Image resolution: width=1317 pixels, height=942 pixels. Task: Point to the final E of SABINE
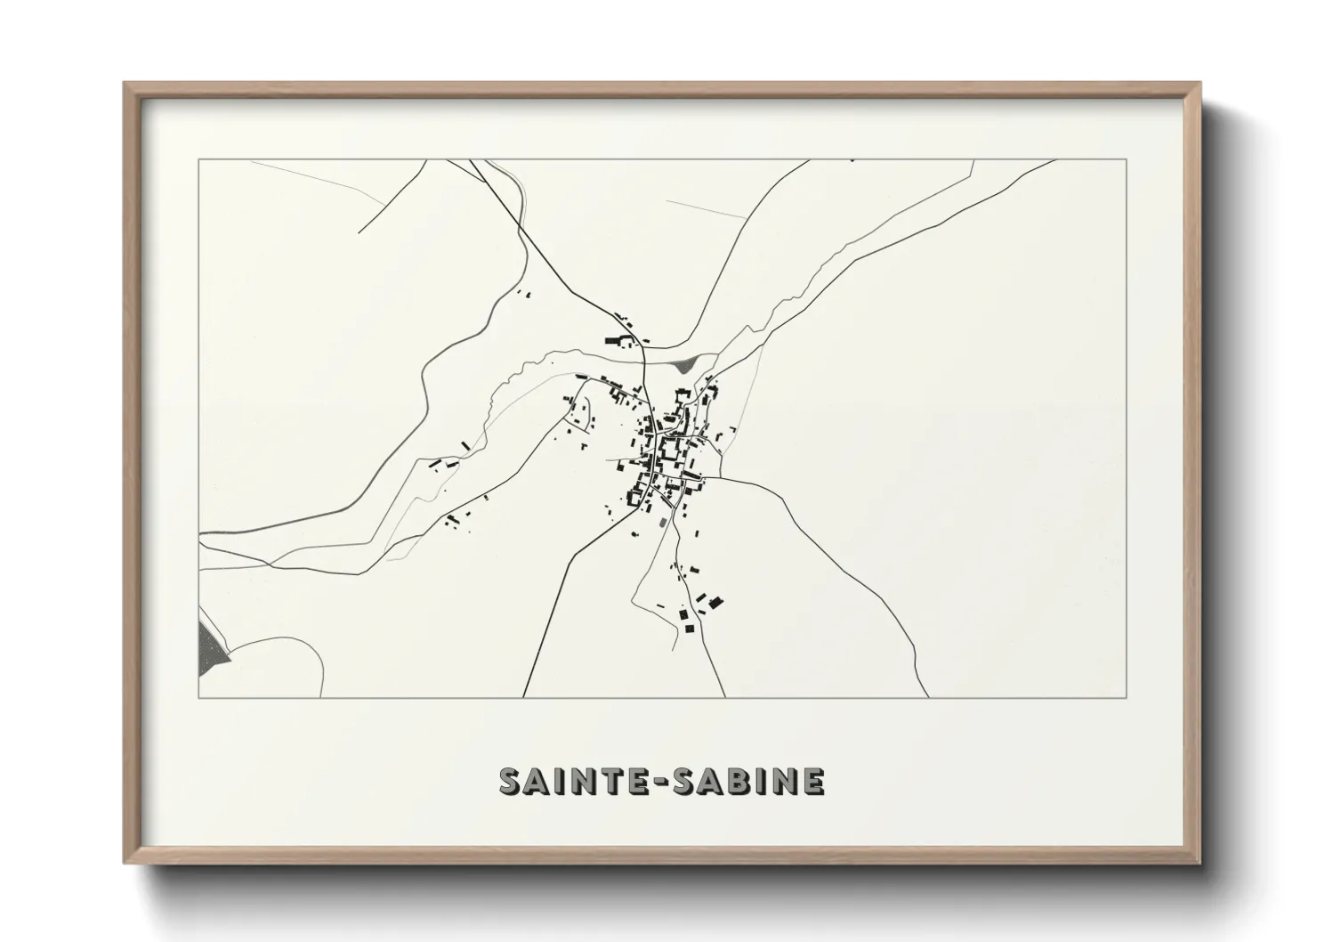click(x=813, y=781)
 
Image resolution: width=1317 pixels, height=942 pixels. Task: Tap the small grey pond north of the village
click(x=685, y=363)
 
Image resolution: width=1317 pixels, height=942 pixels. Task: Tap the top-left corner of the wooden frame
click(x=125, y=84)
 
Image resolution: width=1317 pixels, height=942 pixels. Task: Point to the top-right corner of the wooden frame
click(x=1199, y=84)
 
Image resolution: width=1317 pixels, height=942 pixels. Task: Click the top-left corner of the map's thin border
click(x=198, y=159)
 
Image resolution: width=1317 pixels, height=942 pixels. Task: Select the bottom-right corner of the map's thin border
click(x=1127, y=697)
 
